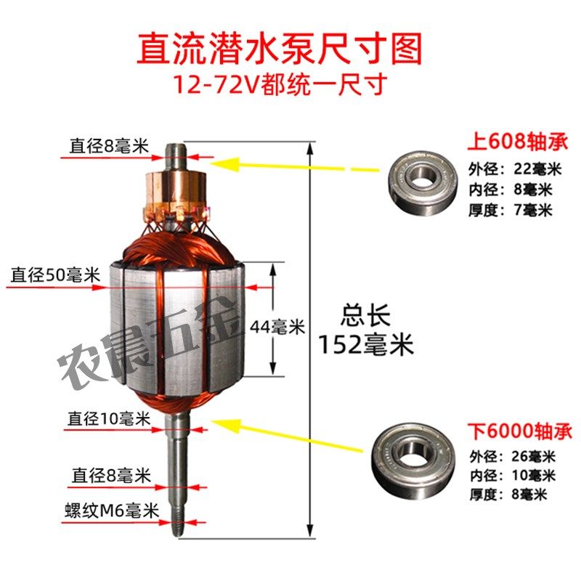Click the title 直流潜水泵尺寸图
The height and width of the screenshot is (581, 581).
tap(280, 49)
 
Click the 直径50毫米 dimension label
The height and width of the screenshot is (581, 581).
tap(55, 276)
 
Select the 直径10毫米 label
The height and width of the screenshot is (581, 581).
tap(109, 419)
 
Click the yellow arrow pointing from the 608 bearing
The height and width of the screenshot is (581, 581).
tap(290, 168)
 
